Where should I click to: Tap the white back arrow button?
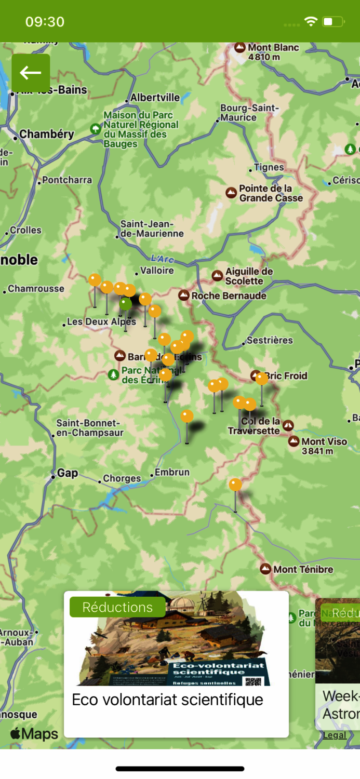[x=31, y=73]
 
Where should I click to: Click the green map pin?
[x=126, y=304]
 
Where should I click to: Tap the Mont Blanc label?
[x=273, y=48]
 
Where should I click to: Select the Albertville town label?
[x=155, y=98]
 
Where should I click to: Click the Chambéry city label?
[x=47, y=134]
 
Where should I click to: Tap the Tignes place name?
[x=269, y=167]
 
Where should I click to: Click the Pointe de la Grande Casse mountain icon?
[x=231, y=193]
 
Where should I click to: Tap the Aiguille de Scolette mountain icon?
[x=218, y=276]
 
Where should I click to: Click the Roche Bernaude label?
[x=229, y=296]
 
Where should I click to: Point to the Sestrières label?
[x=270, y=341]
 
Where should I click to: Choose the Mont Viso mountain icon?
[x=294, y=441]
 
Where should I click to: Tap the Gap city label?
[x=68, y=473]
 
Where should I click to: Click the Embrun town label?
[x=172, y=473]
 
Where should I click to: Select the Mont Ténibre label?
[x=303, y=569]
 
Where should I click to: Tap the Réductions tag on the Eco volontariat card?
[x=117, y=607]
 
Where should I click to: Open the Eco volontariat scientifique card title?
[x=167, y=700]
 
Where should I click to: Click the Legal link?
[x=334, y=735]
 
